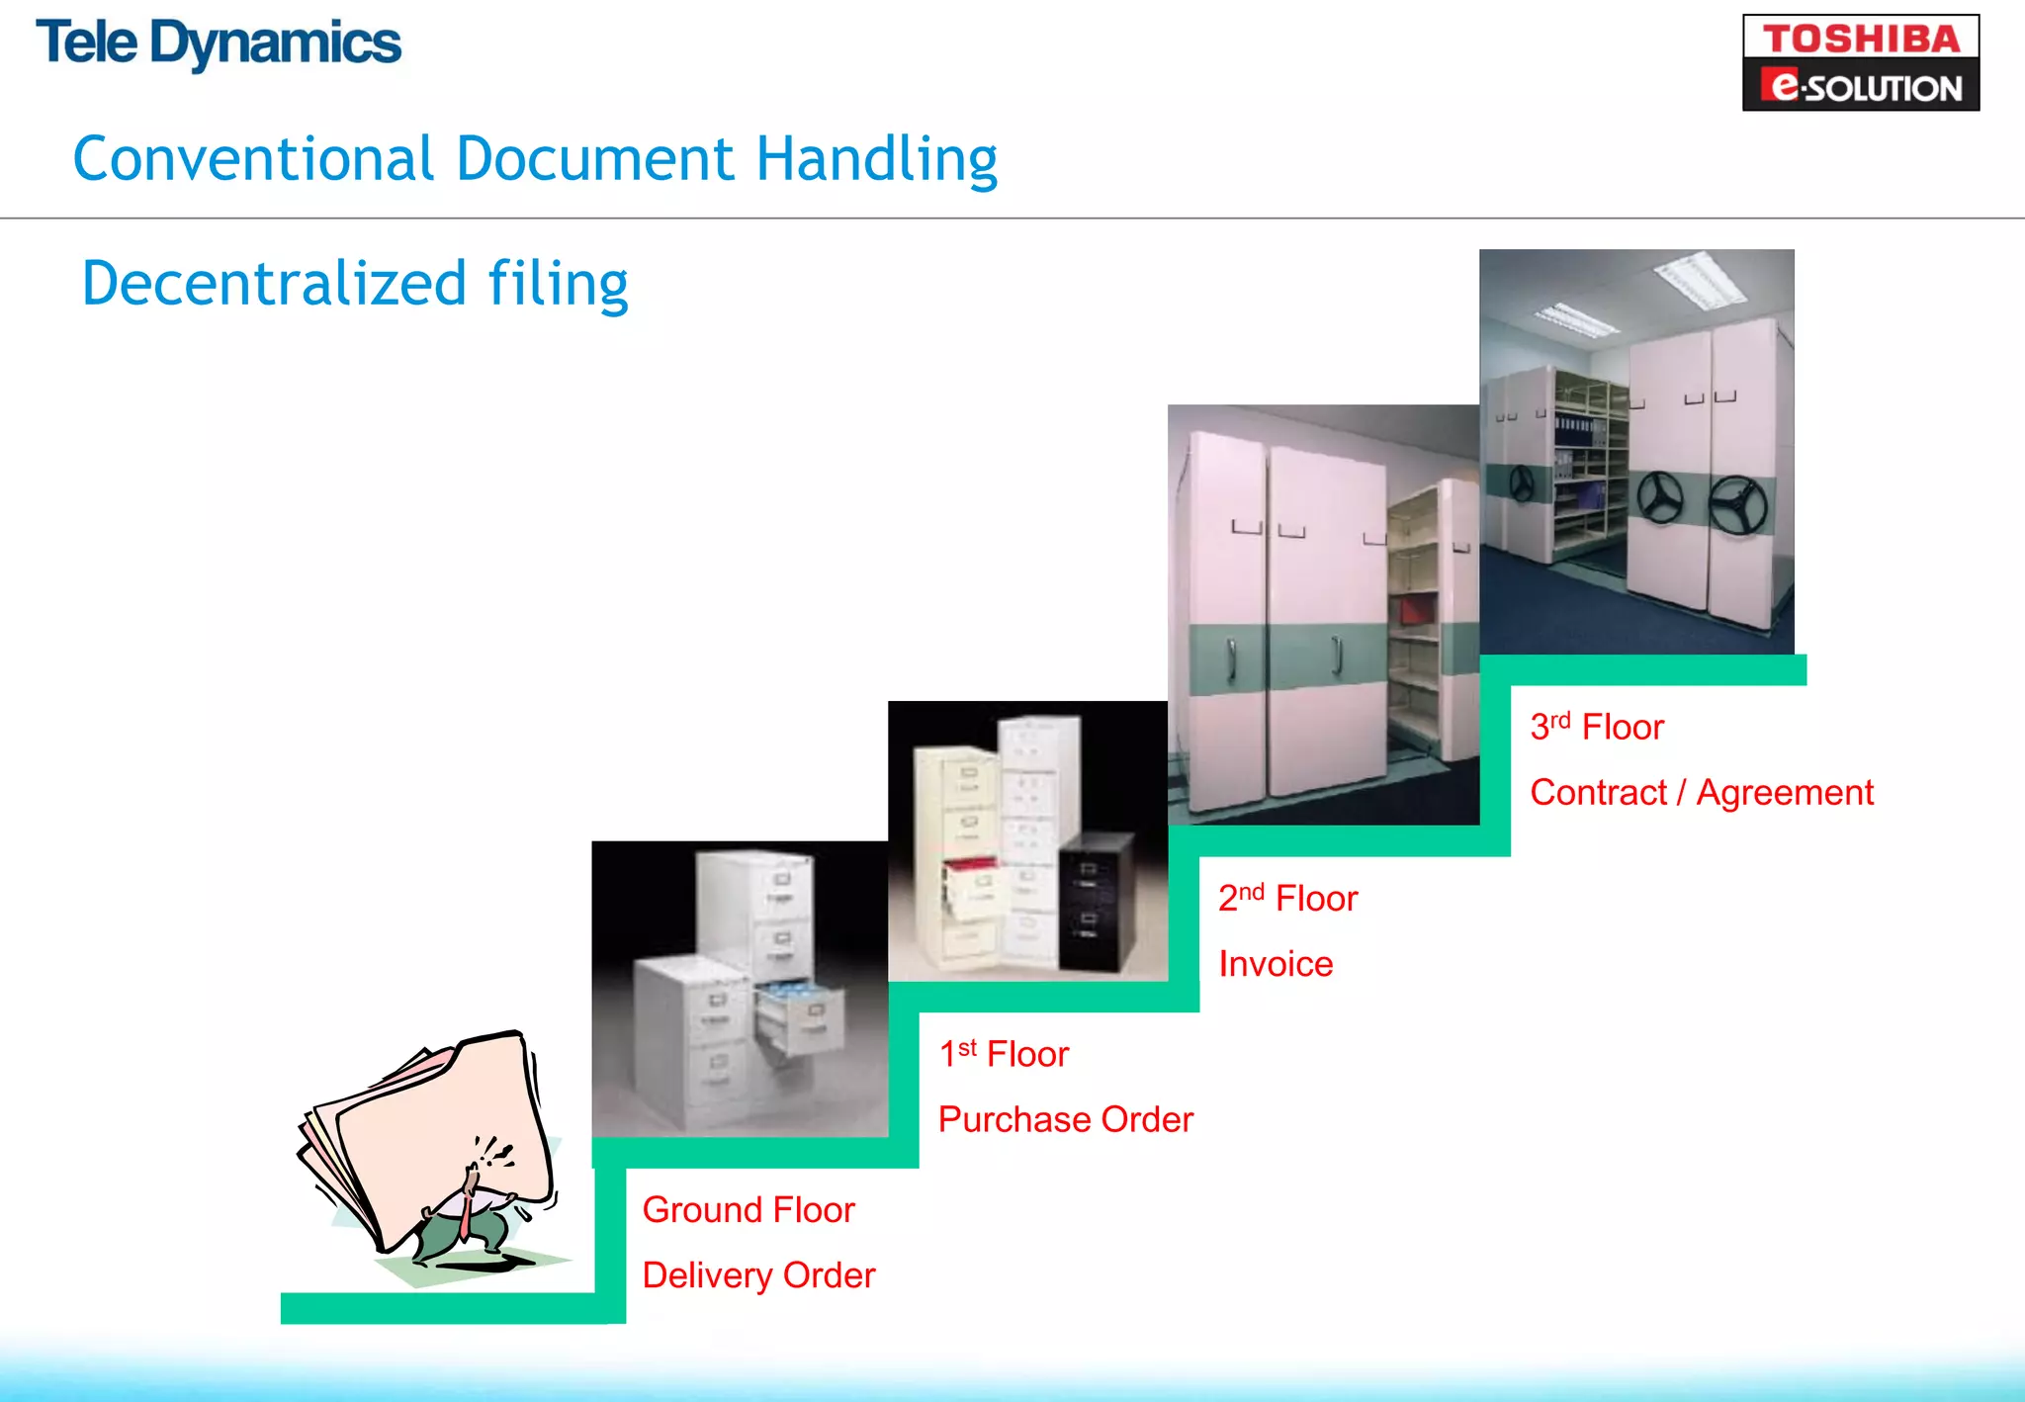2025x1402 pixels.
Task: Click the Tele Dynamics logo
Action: [219, 44]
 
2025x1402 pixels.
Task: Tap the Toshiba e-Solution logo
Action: [1860, 62]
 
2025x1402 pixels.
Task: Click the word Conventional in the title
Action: [253, 159]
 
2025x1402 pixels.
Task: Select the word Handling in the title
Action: [876, 161]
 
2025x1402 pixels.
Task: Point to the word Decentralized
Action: [274, 284]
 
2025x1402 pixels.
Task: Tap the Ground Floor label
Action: [748, 1209]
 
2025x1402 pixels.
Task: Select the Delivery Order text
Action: [758, 1275]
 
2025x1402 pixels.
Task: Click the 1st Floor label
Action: [1004, 1054]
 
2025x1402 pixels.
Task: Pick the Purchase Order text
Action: [1065, 1119]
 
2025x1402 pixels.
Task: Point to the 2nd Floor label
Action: [1287, 898]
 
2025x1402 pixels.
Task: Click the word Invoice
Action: [1276, 964]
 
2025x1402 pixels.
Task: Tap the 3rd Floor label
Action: [1597, 727]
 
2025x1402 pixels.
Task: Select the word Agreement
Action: [1785, 793]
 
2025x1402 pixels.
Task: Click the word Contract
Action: [1598, 793]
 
